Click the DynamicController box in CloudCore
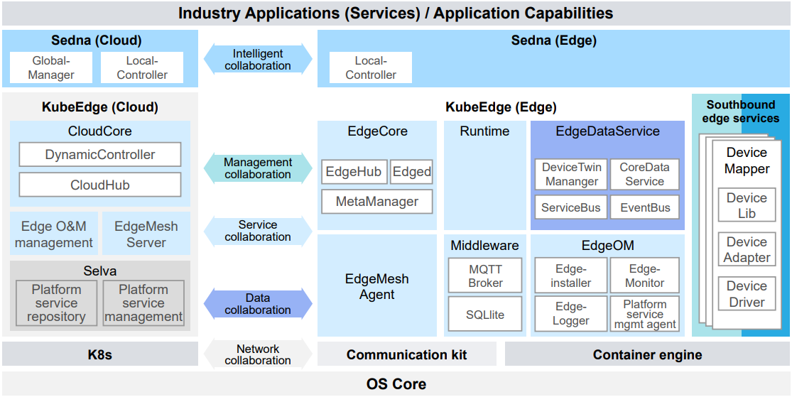coord(100,155)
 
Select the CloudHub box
coord(100,185)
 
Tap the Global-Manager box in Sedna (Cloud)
coord(51,68)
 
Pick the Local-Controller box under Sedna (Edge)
coord(371,68)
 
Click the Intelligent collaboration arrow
coord(258,60)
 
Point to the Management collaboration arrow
coord(258,168)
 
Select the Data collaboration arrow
coord(258,304)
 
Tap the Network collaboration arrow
coord(258,354)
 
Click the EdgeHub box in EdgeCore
coord(354,172)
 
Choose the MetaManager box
coord(377,202)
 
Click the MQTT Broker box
coord(485,276)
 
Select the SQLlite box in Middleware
coord(485,314)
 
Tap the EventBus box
coord(645,208)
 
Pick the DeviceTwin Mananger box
coord(571,175)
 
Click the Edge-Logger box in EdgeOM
coord(571,313)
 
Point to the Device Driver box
coord(747,294)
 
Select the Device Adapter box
coord(747,250)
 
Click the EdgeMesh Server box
coord(146,234)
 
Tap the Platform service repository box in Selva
coord(57,303)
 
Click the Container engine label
coord(647,354)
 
